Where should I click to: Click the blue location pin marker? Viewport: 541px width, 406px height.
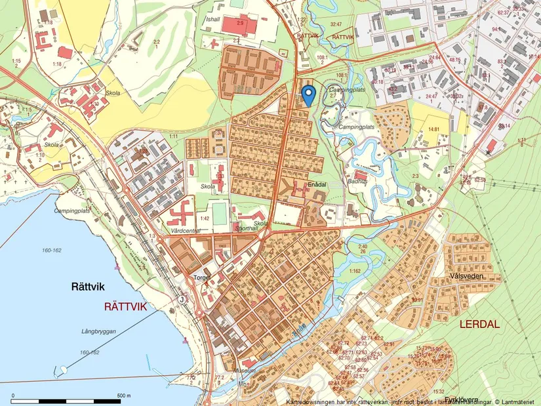308,94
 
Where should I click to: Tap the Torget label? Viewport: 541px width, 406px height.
201,278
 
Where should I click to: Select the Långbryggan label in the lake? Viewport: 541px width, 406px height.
100,332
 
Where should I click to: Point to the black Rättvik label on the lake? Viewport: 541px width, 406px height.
89,287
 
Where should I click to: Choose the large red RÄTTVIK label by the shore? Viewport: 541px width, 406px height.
127,306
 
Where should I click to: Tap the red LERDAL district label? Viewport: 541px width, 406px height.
479,324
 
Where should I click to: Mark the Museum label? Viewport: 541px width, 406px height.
245,371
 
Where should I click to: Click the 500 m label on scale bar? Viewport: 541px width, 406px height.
124,396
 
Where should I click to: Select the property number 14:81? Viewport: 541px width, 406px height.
433,129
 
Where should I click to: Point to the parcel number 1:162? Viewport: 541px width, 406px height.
355,270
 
